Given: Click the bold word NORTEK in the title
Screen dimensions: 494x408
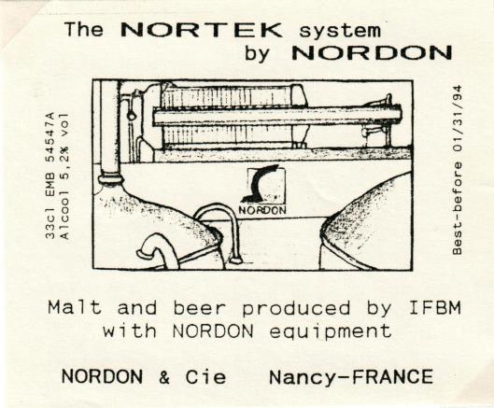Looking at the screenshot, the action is click(x=201, y=30).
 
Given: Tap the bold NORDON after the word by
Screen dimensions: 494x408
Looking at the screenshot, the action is click(x=372, y=52).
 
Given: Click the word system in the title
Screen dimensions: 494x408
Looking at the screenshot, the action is click(x=340, y=31).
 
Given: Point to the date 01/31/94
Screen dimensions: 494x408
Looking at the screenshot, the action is click(x=458, y=119).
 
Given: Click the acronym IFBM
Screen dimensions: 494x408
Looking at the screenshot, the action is click(x=435, y=307).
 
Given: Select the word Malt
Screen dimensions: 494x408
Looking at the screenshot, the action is click(x=75, y=307).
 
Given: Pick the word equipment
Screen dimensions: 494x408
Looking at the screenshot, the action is click(x=331, y=331).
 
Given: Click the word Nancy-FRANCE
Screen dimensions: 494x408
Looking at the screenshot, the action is click(x=351, y=377).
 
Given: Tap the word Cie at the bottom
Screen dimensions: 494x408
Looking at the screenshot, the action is click(x=205, y=376).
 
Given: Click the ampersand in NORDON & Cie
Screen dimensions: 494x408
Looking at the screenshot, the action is click(x=164, y=377).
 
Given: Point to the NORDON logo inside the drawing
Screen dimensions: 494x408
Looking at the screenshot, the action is click(x=263, y=190).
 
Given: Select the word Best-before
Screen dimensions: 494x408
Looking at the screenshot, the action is click(x=458, y=208).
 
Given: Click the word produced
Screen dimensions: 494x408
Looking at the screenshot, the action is click(x=296, y=308).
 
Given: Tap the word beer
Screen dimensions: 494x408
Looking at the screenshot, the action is click(x=200, y=307).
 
